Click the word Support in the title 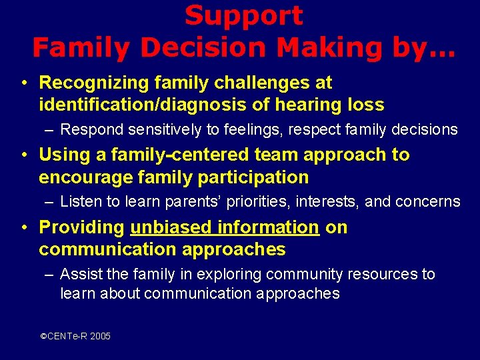pos(243,16)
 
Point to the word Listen pos(77,201)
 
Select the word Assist pos(78,274)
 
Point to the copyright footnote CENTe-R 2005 pos(75,336)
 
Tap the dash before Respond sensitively pos(49,129)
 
